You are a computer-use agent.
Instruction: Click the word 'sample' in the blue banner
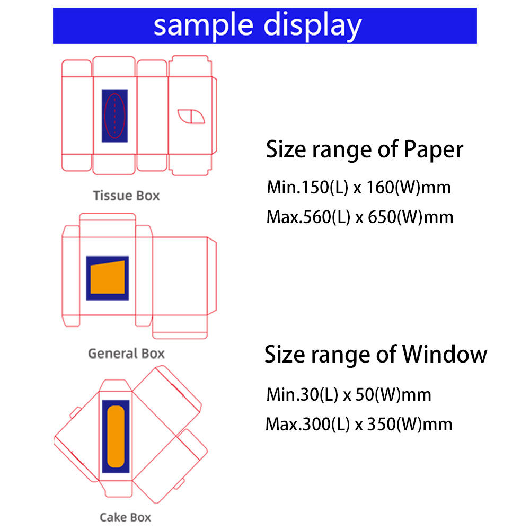pos(203,26)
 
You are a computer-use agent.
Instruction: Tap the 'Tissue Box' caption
pos(126,196)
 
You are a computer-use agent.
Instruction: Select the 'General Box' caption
pos(126,354)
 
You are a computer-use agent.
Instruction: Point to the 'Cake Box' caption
pos(126,517)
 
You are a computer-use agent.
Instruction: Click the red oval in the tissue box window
pos(105,116)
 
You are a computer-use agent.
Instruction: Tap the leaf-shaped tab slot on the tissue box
pos(191,116)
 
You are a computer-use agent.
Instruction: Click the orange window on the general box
pos(108,278)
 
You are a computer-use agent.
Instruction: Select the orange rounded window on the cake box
pos(116,436)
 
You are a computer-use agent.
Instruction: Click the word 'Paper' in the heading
pos(434,149)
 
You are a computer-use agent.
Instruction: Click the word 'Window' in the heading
pos(445,354)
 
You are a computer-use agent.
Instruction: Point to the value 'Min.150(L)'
pos(307,187)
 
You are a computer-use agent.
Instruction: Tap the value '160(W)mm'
pos(409,187)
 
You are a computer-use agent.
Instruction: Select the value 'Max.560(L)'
pos(308,217)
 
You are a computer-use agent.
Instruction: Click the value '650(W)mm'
pos(411,217)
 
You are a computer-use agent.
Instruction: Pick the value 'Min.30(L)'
pos(302,394)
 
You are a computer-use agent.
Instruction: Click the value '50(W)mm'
pos(393,394)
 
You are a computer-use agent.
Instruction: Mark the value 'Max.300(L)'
pos(308,424)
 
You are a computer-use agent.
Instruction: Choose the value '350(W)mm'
pos(410,424)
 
